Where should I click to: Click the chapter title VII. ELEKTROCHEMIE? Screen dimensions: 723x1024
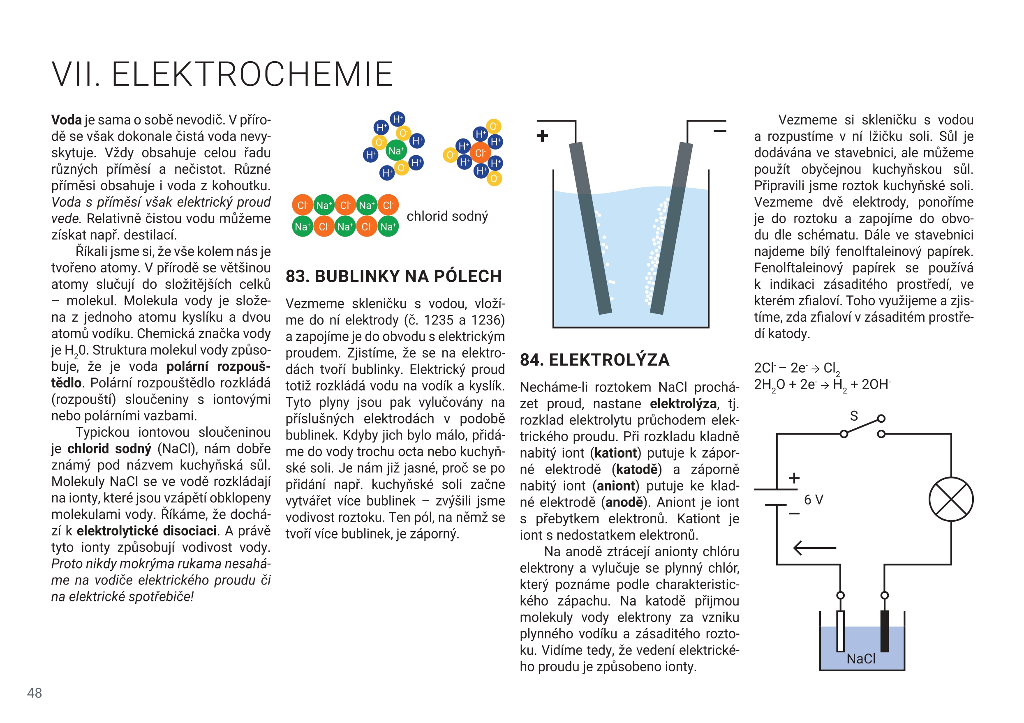(222, 74)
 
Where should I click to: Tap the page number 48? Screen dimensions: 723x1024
(35, 693)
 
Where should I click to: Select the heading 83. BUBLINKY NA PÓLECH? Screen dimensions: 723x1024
(393, 276)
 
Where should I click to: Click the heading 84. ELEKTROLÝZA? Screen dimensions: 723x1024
(594, 360)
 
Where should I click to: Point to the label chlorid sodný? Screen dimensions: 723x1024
(447, 216)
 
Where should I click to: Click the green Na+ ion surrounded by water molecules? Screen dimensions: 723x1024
(395, 151)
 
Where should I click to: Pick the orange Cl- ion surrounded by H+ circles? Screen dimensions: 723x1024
(480, 153)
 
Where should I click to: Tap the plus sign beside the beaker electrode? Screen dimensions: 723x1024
(542, 136)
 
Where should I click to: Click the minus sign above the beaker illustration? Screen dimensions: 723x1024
(719, 131)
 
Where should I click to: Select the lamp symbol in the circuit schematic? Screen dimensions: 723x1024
(951, 499)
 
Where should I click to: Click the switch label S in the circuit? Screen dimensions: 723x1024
(854, 416)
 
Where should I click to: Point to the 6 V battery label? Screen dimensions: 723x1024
(814, 500)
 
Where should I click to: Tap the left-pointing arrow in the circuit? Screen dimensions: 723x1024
(814, 548)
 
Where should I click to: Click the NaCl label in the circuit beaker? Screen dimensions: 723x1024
(861, 659)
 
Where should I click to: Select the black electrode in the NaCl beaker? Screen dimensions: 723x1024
(884, 631)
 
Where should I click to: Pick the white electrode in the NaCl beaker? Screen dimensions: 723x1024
(840, 631)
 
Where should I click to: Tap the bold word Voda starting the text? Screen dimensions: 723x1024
(67, 120)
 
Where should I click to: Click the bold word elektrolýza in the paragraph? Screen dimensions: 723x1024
(683, 404)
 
